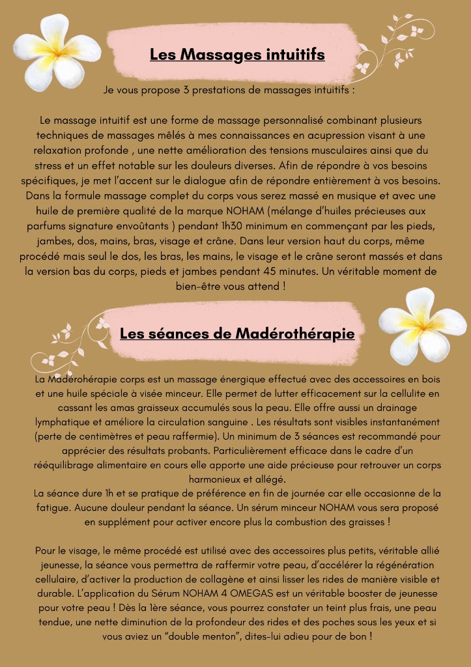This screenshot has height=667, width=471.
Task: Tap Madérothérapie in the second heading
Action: click(x=294, y=334)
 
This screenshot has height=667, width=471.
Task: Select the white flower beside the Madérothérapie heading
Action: click(x=422, y=324)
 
